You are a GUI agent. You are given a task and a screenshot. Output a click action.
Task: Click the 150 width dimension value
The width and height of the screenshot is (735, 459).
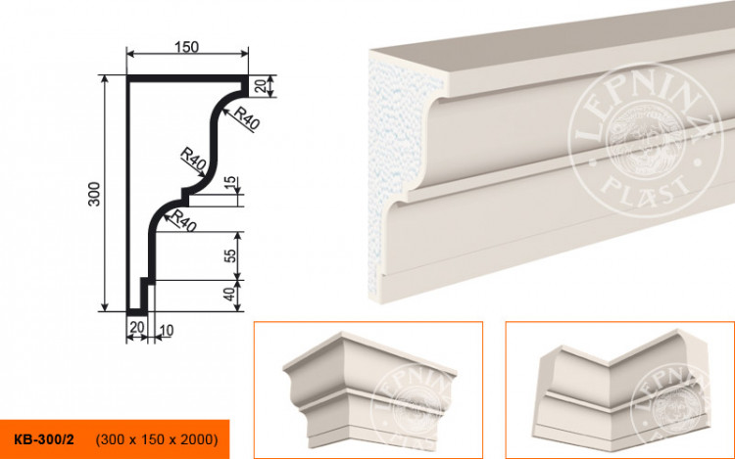pos(186,46)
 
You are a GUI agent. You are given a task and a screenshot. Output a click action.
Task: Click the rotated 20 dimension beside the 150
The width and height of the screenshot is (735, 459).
pos(260,86)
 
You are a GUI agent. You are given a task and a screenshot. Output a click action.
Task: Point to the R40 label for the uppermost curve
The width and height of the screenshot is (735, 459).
pos(248,122)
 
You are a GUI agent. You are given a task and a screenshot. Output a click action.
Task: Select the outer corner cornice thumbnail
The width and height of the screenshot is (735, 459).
pos(367,389)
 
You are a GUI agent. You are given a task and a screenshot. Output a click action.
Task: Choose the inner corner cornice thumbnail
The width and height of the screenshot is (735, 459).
pos(619,389)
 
